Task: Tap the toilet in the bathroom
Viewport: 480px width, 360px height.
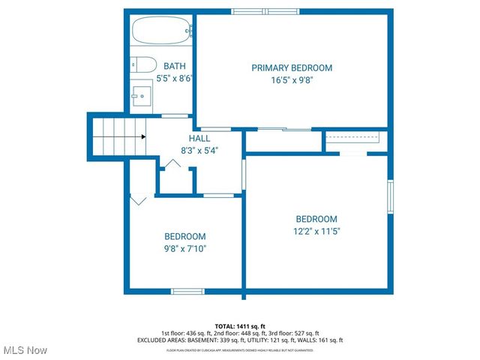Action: point(142,64)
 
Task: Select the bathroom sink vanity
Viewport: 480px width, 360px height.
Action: point(140,95)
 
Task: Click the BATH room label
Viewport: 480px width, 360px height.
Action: point(175,67)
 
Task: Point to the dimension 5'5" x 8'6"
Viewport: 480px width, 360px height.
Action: point(175,78)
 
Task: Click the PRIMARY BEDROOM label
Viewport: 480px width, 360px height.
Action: point(292,67)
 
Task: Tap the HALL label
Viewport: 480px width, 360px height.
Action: point(199,139)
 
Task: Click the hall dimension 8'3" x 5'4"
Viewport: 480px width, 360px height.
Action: point(199,151)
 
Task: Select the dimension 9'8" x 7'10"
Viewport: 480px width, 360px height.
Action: point(185,248)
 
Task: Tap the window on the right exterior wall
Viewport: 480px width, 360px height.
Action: point(390,197)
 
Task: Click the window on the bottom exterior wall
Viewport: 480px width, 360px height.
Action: point(187,291)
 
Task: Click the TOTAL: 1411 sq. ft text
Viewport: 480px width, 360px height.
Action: point(240,326)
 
